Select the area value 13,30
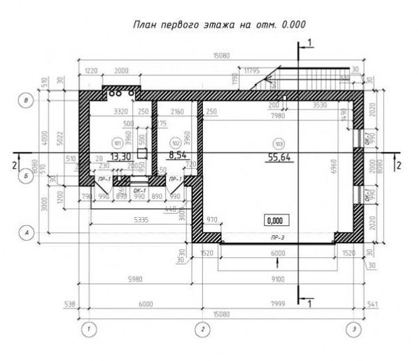coord(120,156)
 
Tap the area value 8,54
coord(177,155)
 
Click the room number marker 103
coord(278,143)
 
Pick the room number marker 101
coord(118,143)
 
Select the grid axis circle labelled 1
coord(87,329)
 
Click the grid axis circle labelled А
coord(26,233)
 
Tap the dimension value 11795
coord(252,70)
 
